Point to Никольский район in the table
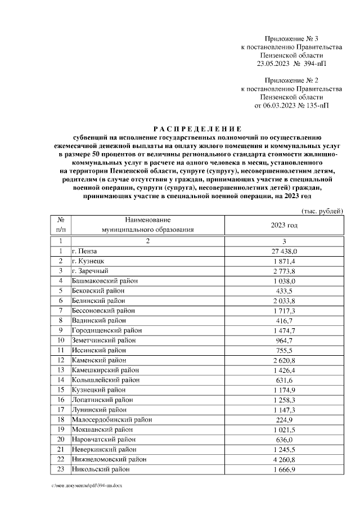(x=100, y=469)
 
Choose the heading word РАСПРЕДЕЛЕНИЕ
(x=197, y=128)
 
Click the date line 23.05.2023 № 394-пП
(x=291, y=64)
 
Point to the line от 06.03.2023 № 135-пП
(x=291, y=105)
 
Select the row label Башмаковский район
(x=105, y=280)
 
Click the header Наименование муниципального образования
(x=147, y=225)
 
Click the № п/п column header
(x=60, y=225)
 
